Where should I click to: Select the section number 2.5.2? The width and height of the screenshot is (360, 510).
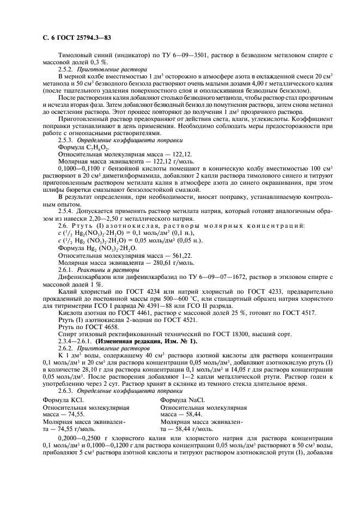pos(66,70)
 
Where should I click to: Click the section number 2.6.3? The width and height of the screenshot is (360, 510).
pos(66,390)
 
